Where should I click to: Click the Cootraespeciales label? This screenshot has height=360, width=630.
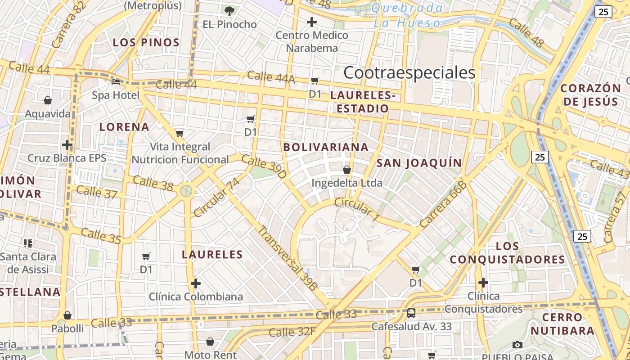(x=409, y=72)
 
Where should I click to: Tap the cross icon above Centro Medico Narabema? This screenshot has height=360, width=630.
(x=311, y=22)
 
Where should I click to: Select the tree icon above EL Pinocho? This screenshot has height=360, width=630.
(x=229, y=11)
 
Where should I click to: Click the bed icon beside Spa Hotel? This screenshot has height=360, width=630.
(x=116, y=82)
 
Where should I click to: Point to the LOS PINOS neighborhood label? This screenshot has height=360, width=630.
(x=146, y=43)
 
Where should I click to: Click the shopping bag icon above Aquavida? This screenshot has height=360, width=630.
(x=48, y=100)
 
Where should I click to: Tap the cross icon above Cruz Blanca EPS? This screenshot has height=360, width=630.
(x=67, y=145)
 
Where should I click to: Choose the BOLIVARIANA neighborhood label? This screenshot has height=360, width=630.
(x=326, y=147)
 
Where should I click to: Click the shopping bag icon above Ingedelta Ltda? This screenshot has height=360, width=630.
(x=347, y=170)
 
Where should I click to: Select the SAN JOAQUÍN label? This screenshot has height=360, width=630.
(x=419, y=163)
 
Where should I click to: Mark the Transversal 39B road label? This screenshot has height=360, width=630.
(x=288, y=257)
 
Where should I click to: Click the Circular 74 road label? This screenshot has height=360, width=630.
(x=217, y=197)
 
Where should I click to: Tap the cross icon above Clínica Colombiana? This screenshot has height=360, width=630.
(x=195, y=283)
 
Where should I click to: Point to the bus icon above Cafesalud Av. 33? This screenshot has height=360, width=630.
(x=411, y=313)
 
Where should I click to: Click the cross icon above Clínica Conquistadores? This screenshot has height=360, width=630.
(x=483, y=283)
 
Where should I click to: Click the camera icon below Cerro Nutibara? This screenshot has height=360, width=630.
(x=517, y=345)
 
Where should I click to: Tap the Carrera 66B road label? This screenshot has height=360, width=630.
(x=443, y=205)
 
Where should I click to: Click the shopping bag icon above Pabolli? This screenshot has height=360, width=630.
(x=67, y=315)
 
